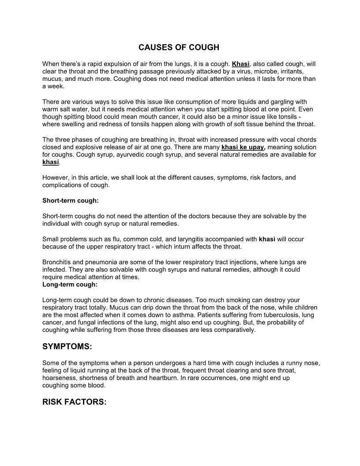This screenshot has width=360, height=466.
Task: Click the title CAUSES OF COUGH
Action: [x=179, y=47]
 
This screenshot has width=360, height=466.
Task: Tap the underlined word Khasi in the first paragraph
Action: [x=241, y=64]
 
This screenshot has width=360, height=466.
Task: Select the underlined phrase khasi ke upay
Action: [x=243, y=147]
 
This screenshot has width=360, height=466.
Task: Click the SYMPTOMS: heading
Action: [x=67, y=347]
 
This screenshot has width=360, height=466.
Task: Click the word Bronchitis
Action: [x=58, y=262]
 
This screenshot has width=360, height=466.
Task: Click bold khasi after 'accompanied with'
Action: [x=267, y=239]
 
